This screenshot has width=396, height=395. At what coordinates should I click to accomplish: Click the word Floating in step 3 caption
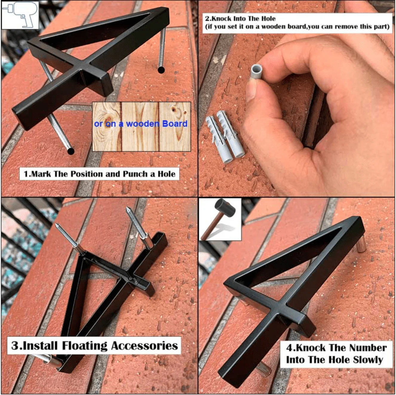coord(85,346)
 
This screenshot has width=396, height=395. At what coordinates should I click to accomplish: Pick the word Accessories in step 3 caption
coord(145,346)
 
